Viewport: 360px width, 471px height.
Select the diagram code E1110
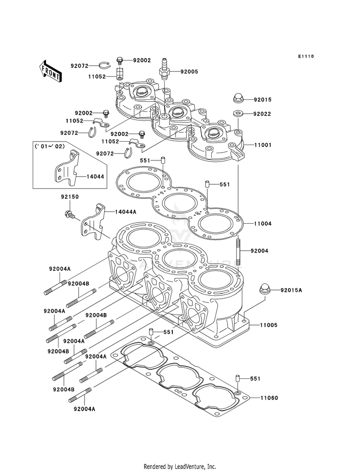point(305,57)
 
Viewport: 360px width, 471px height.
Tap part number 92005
point(189,72)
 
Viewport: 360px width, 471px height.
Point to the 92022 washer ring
point(237,114)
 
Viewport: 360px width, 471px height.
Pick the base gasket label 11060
point(269,398)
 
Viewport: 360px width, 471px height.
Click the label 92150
point(70,197)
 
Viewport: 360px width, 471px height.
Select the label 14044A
point(125,211)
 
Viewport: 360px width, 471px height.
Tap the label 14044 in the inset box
point(95,177)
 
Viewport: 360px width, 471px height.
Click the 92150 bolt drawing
point(69,214)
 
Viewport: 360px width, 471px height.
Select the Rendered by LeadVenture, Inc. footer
point(180,466)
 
